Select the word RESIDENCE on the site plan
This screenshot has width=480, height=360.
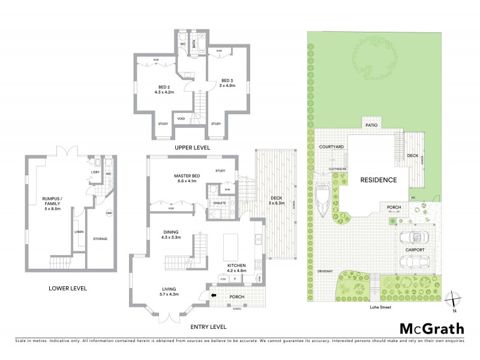(378, 180)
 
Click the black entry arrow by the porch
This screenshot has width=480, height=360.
(214, 295)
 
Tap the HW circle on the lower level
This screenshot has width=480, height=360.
(109, 213)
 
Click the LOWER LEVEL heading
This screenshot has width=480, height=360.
(68, 289)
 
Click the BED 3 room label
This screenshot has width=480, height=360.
(226, 83)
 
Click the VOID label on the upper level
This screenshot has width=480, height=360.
(181, 119)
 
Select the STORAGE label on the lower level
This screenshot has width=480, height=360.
(100, 239)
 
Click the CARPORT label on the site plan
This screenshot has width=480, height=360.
(416, 250)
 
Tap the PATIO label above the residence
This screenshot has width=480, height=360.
(370, 125)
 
